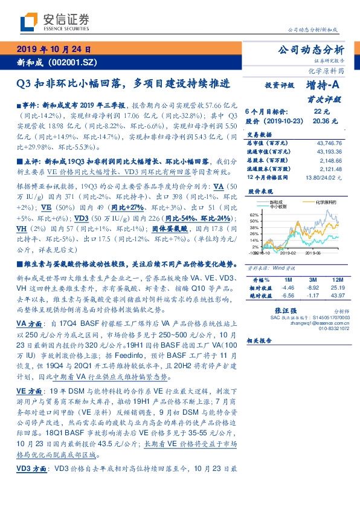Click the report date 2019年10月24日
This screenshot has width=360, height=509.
pos(54,50)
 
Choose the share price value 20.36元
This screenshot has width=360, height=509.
pos(321,120)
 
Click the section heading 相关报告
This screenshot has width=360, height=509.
pos(261,341)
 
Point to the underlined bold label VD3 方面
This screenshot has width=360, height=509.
pos(31,468)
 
